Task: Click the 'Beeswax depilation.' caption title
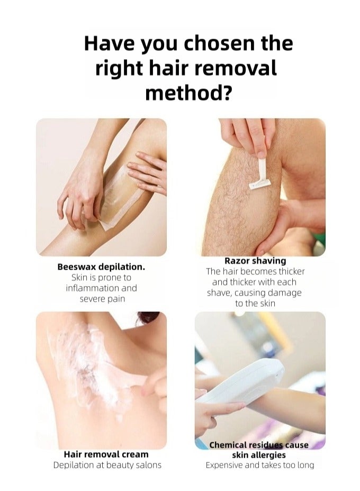101,267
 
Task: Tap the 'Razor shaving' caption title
255,261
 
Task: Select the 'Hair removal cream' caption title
106,454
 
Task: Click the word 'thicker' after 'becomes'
292,271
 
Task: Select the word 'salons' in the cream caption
148,465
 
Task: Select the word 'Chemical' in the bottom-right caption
228,445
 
